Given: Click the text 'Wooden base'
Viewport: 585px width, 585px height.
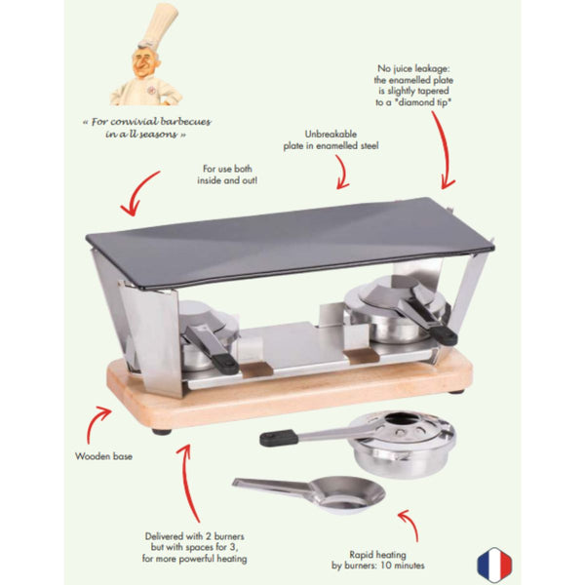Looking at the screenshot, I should (x=102, y=455).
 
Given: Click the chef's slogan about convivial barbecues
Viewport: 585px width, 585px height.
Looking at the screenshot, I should (x=147, y=128).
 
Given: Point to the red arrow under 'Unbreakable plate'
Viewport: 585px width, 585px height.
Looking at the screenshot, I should (x=340, y=173).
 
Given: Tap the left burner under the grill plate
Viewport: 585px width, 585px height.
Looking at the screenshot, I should (x=207, y=336).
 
